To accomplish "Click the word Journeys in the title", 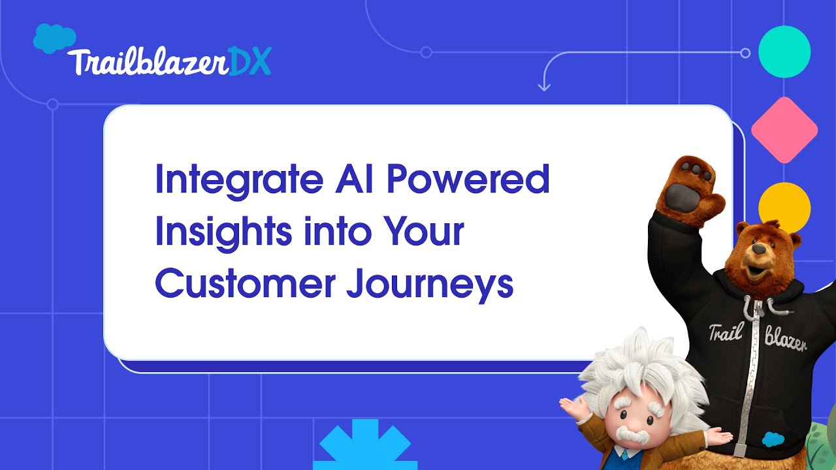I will pyautogui.click(x=430, y=286).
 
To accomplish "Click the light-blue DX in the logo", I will pyautogui.click(x=249, y=63).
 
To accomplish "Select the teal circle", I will pyautogui.click(x=784, y=52).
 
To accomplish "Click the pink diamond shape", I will pyautogui.click(x=784, y=130).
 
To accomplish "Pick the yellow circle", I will pyautogui.click(x=784, y=207).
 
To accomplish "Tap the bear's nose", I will pyautogui.click(x=758, y=249).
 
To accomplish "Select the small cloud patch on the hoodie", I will pyautogui.click(x=773, y=439).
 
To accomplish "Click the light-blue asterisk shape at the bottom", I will pyautogui.click(x=365, y=447).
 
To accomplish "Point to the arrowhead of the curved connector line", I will pyautogui.click(x=544, y=87).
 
